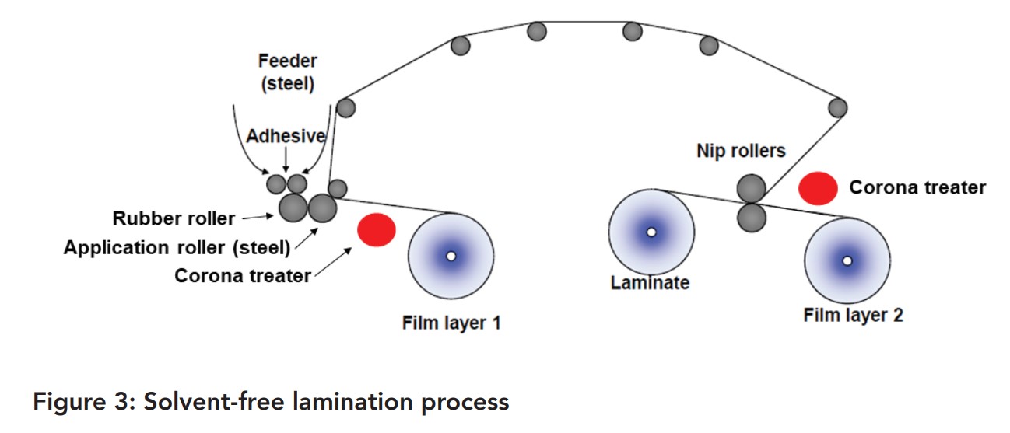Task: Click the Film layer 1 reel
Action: click(x=451, y=256)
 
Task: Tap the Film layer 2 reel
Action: click(x=847, y=260)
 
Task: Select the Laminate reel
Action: click(x=651, y=232)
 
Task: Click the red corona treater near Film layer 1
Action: click(x=377, y=230)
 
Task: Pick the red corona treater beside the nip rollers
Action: click(x=818, y=188)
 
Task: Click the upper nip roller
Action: click(x=751, y=189)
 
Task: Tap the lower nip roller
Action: click(x=752, y=218)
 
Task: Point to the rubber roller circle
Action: click(x=293, y=208)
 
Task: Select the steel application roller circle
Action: click(x=322, y=208)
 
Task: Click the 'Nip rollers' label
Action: click(x=741, y=151)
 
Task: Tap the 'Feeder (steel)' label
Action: click(x=288, y=72)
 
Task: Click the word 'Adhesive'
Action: click(x=286, y=135)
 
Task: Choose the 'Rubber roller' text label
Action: click(x=174, y=218)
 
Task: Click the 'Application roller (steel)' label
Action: click(x=177, y=248)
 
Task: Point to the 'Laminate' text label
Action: click(x=650, y=283)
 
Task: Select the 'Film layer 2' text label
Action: click(x=853, y=316)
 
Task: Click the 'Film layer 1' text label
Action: click(x=451, y=323)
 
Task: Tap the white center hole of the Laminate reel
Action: click(x=651, y=232)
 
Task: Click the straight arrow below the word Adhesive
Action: click(x=286, y=159)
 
